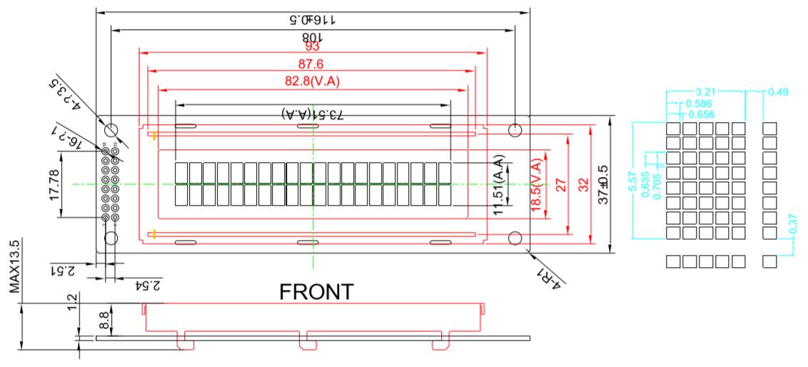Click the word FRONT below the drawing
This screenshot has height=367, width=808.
coord(316,292)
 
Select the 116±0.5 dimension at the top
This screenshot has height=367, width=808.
coord(312,19)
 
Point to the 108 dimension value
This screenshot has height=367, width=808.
coord(312,37)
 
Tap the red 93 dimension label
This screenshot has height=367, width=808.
coord(312,48)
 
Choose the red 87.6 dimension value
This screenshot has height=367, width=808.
coord(312,65)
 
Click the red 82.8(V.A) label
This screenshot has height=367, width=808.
coord(312,81)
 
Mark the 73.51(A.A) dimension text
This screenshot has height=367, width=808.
coord(312,114)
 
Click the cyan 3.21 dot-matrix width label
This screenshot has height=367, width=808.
coord(707,92)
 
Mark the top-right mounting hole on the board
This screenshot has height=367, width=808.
coord(515,130)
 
